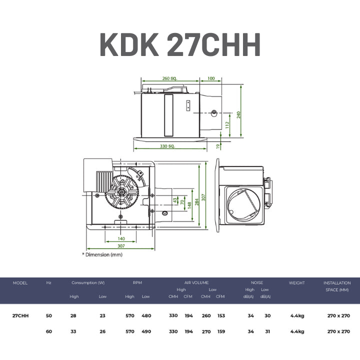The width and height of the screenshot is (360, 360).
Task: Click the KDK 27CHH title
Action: [180, 44]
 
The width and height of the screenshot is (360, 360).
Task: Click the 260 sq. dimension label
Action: [169, 78]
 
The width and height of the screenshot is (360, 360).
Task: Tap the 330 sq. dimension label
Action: [167, 146]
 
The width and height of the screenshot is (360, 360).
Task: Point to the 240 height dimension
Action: [239, 115]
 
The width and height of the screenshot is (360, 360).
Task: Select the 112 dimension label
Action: [227, 125]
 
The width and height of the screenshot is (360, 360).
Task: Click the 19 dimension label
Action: [218, 146]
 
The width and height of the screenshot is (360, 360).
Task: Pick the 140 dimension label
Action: [121, 239]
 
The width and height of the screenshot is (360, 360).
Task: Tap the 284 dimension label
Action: [197, 202]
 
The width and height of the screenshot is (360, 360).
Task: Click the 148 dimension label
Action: [189, 205]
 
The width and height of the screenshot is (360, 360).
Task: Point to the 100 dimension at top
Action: [211, 78]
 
